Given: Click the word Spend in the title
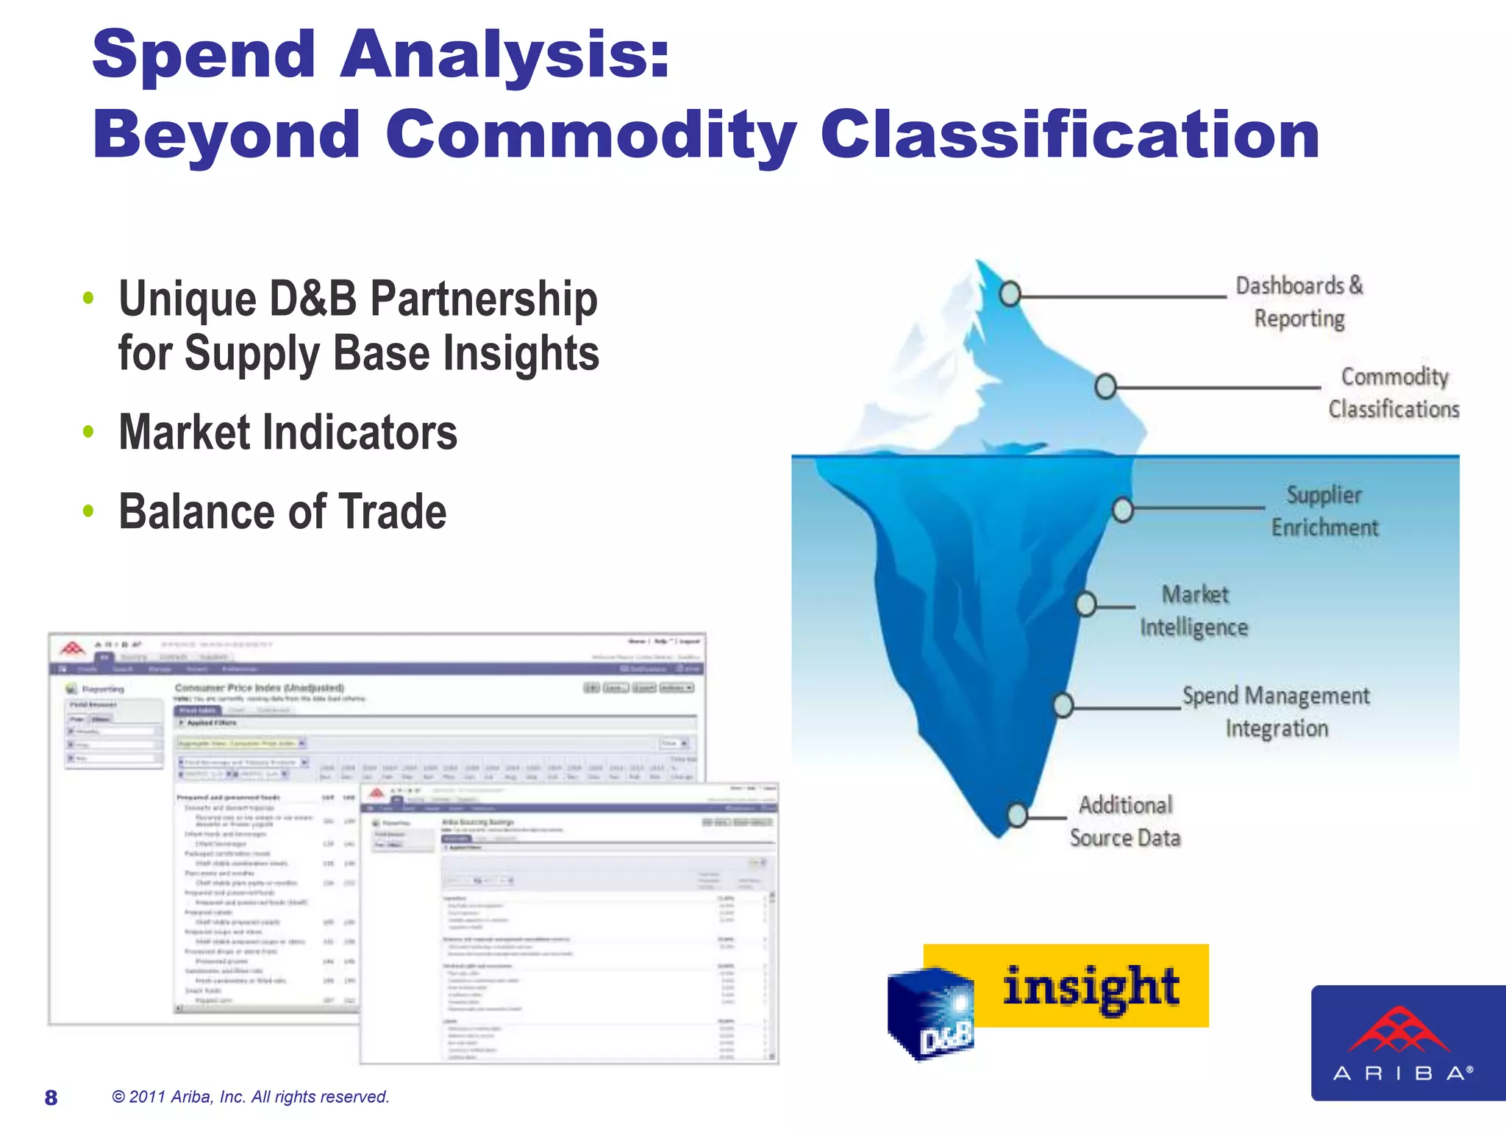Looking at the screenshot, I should [x=204, y=55].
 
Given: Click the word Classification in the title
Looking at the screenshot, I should [x=1070, y=135].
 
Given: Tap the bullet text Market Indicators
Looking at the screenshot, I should [x=288, y=433].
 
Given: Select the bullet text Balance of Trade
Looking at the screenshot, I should [x=282, y=512].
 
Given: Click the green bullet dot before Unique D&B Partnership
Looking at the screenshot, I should [x=88, y=298].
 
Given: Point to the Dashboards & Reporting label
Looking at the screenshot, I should [x=1299, y=302].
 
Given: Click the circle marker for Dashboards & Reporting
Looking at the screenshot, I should [x=1010, y=294].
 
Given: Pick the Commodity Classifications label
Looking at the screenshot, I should [x=1393, y=393].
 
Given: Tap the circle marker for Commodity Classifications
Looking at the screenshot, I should [x=1105, y=386].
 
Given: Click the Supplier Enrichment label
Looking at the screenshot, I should [x=1324, y=511].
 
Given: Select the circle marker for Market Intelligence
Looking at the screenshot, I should [x=1086, y=605].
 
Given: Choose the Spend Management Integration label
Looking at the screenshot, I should [x=1276, y=711].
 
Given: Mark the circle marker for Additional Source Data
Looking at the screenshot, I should [x=1017, y=814].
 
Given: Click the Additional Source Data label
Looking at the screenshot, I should [x=1125, y=821].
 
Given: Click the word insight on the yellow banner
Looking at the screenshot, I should [x=1091, y=987].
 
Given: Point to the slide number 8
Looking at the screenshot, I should [x=51, y=1098].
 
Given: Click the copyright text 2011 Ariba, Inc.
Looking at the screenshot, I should [x=250, y=1097].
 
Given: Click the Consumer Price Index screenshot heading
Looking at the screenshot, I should [x=259, y=688].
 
